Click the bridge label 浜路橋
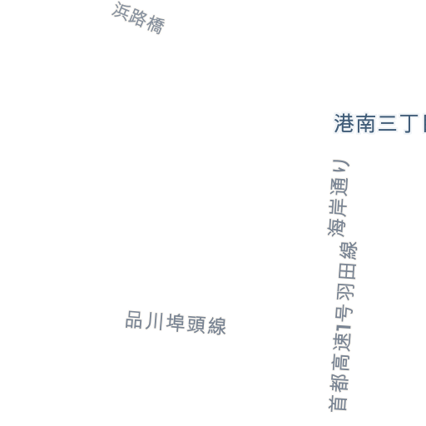[x=138, y=18]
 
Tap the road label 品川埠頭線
[x=176, y=323]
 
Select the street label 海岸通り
[x=338, y=198]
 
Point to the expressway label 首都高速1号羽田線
[x=342, y=326]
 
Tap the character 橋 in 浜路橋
[x=156, y=25]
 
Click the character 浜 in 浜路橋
[x=121, y=11]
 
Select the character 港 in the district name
[x=344, y=123]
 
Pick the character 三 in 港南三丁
[x=387, y=124]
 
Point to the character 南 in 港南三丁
[x=366, y=123]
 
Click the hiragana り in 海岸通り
[x=342, y=166]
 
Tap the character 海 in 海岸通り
[x=336, y=227]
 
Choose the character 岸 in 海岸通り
[x=338, y=206]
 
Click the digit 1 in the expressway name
[x=344, y=331]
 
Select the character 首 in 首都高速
[x=338, y=402]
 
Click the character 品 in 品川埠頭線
[x=134, y=319]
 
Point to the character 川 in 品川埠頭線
[x=154, y=321]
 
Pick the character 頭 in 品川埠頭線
[x=196, y=324]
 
